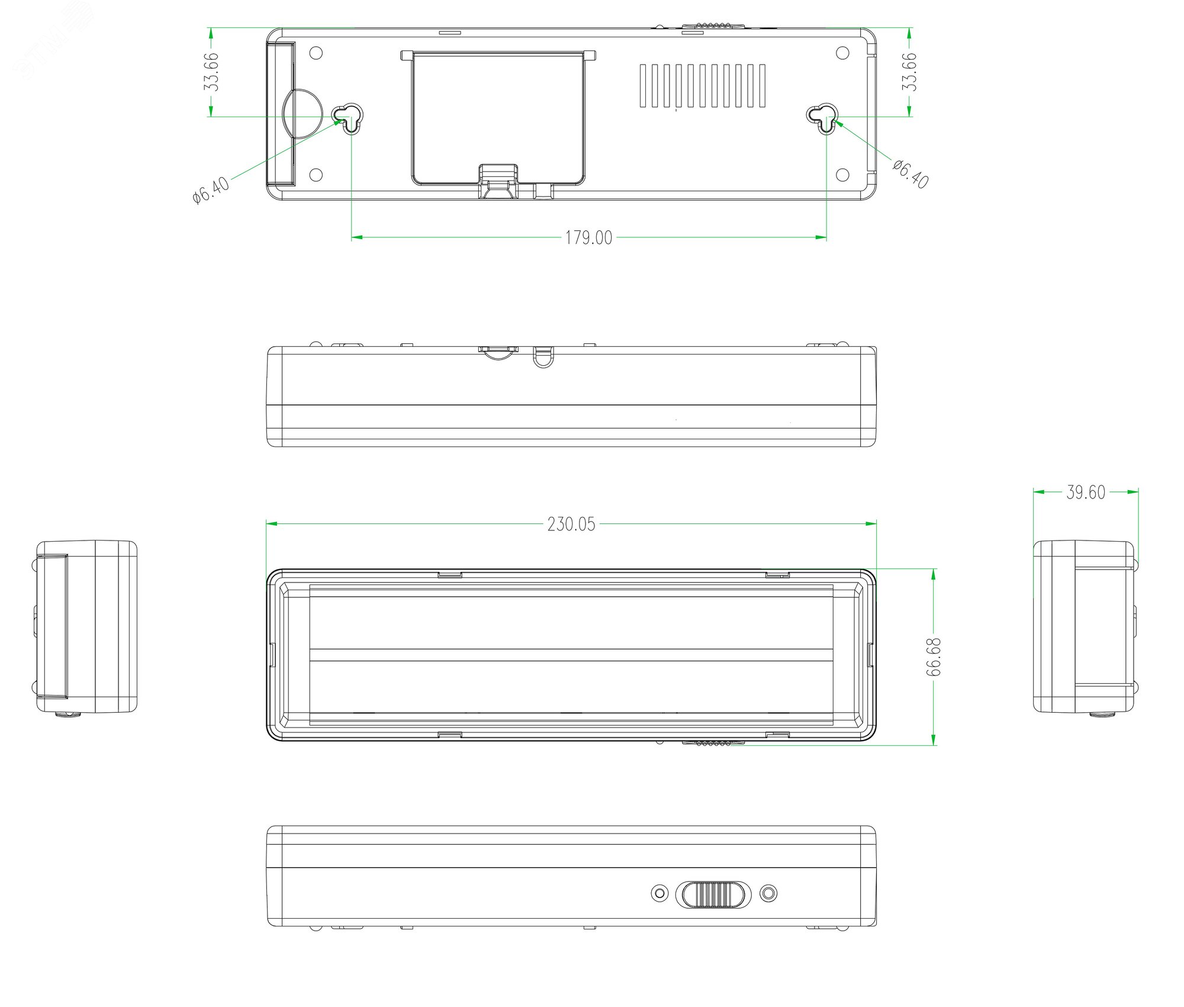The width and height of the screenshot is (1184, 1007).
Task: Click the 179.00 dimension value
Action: (588, 238)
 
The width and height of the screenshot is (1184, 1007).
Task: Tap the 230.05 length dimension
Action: (571, 524)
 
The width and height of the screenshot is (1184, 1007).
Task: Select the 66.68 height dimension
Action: (934, 657)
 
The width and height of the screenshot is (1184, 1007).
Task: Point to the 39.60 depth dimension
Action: (1086, 493)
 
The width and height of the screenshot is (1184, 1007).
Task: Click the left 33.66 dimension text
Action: (211, 72)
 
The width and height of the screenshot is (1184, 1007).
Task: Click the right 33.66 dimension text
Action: (909, 72)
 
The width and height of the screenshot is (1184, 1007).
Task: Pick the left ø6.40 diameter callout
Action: (211, 189)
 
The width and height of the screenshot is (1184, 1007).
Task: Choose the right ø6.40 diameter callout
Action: (910, 173)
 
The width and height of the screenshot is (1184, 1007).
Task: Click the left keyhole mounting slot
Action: (348, 118)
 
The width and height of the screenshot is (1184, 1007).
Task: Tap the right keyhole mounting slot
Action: (823, 118)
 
